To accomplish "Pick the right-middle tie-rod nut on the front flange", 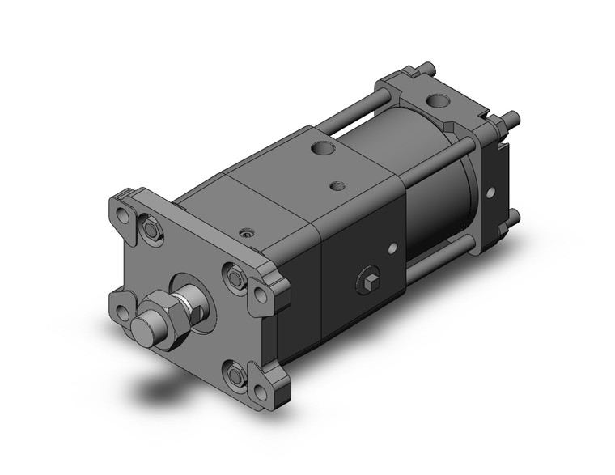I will pyautogui.click(x=235, y=278).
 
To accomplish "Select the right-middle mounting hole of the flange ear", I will pyautogui.click(x=261, y=294).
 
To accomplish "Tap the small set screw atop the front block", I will pyautogui.click(x=248, y=232).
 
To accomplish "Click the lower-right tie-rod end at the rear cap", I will pyautogui.click(x=513, y=215).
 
